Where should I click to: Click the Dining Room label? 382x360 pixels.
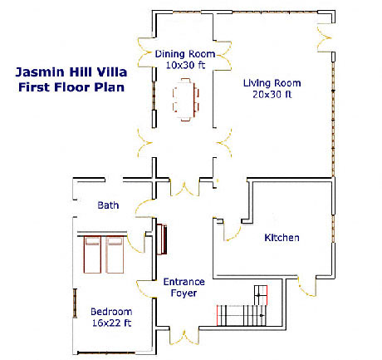coord(185,54)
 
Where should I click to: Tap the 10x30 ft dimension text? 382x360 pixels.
coord(185,65)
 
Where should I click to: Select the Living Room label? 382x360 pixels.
coord(272,83)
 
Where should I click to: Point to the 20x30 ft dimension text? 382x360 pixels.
coord(272,95)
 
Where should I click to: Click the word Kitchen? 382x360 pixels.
coord(282,238)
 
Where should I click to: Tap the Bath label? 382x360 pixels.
coord(108,205)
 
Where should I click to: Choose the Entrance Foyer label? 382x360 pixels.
coord(184,288)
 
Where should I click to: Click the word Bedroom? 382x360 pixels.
coord(111,312)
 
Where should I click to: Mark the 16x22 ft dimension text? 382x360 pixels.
coord(111,323)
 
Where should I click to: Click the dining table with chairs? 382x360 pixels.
coord(186,100)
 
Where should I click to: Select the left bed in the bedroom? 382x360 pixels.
coord(92,254)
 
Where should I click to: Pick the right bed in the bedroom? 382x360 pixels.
coord(115,254)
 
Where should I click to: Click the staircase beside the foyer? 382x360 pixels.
coord(242,306)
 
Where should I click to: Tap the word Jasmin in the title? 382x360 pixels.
coord(40,72)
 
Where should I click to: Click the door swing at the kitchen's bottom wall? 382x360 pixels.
coord(306,286)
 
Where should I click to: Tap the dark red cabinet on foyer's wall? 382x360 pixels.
coord(162,239)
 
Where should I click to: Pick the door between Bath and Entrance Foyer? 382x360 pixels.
coord(144,207)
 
